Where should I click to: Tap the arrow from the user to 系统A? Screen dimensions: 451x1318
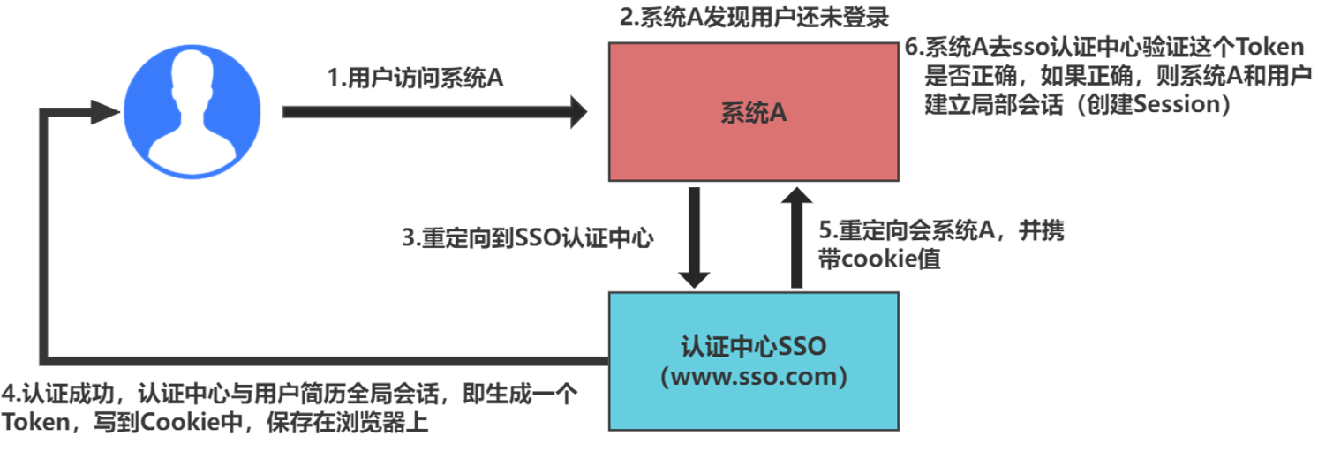433,112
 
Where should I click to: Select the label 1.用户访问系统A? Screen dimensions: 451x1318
415,78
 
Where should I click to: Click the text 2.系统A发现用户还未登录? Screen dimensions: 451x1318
753,18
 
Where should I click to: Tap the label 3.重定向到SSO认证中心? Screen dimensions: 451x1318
527,239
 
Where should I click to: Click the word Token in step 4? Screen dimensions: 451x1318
34,422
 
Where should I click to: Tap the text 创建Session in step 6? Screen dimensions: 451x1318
1158,105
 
